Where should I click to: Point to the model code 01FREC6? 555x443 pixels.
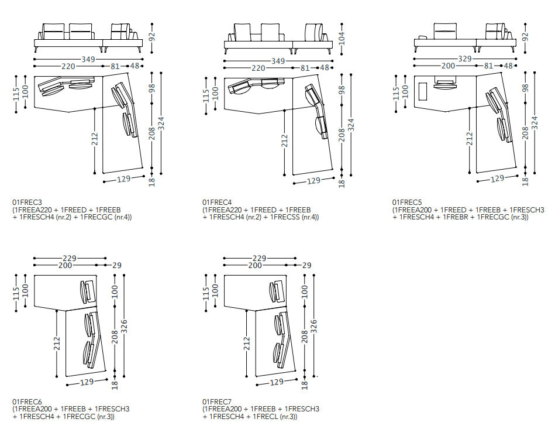click(x=27, y=402)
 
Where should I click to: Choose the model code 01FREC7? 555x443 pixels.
click(x=218, y=402)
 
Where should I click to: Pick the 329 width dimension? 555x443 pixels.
click(x=464, y=59)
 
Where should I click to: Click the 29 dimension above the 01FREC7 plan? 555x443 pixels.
click(x=306, y=265)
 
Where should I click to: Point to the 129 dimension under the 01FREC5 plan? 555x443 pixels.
click(x=497, y=178)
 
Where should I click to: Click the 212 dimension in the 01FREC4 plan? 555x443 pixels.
click(x=285, y=140)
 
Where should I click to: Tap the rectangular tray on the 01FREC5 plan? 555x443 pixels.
click(x=423, y=92)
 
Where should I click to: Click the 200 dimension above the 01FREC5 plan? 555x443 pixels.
click(x=448, y=66)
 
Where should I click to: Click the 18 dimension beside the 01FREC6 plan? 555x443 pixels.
click(x=115, y=384)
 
